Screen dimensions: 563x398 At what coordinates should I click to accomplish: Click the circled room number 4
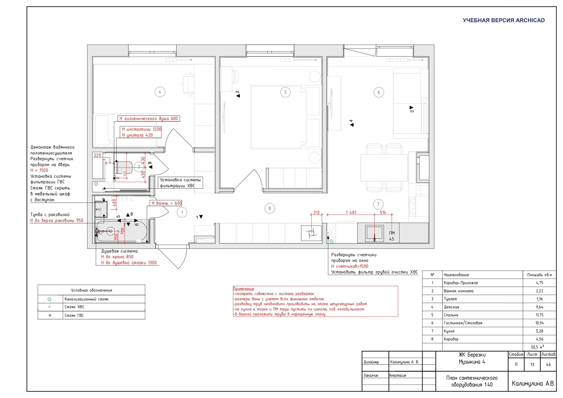point(160,92)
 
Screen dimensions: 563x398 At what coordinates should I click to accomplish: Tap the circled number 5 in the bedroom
point(285,92)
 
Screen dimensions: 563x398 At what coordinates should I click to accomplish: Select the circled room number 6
point(379,92)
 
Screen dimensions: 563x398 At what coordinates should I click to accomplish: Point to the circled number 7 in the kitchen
point(378,204)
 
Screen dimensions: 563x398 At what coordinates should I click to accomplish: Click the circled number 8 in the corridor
point(270,209)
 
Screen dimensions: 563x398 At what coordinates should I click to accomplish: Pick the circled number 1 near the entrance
point(182,212)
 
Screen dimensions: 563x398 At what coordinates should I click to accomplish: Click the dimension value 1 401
point(351,212)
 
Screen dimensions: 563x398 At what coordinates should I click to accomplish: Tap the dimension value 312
point(316,212)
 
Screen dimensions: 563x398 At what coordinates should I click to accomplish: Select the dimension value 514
point(383,212)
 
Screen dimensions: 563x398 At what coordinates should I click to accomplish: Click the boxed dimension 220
point(97,155)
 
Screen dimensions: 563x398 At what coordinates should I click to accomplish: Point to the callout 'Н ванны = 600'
point(166,203)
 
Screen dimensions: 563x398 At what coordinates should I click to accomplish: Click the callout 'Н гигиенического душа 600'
point(149,118)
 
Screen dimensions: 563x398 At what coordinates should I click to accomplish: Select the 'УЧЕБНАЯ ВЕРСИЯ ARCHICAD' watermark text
point(503,20)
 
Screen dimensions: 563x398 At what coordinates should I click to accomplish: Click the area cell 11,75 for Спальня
point(540,315)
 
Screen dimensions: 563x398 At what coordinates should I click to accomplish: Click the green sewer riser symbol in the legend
point(50,299)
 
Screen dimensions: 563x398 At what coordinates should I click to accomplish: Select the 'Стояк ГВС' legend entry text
point(74,315)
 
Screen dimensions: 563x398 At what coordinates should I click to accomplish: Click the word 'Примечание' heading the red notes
point(244,289)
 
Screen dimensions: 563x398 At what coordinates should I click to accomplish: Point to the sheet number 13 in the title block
point(532,365)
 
